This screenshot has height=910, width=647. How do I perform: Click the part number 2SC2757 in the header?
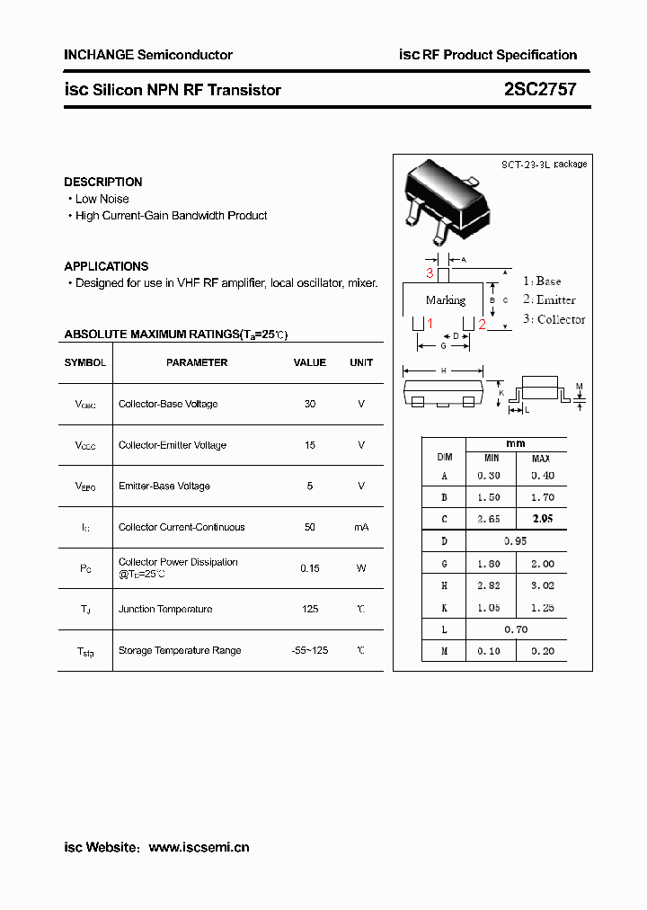pyautogui.click(x=540, y=90)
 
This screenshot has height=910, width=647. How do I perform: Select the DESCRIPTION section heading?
pyautogui.click(x=103, y=182)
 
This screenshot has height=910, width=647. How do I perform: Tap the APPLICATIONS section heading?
pyautogui.click(x=106, y=266)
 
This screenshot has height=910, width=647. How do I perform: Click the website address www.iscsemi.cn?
pyautogui.click(x=199, y=847)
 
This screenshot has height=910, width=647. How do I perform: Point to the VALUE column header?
pyautogui.click(x=310, y=362)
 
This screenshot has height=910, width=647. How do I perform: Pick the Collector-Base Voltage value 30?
pyautogui.click(x=310, y=404)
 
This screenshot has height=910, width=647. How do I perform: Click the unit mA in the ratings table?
pyautogui.click(x=361, y=527)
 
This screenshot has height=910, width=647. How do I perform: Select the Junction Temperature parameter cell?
pyautogui.click(x=165, y=609)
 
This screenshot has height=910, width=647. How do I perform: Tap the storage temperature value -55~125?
pyautogui.click(x=310, y=650)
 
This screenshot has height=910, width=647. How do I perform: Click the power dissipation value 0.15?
pyautogui.click(x=310, y=568)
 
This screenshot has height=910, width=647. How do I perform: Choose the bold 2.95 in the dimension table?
pyautogui.click(x=543, y=519)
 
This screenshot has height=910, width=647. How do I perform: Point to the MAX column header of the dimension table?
pyautogui.click(x=542, y=459)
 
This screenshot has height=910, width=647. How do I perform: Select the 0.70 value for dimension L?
pyautogui.click(x=516, y=629)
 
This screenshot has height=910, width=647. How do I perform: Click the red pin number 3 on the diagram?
pyautogui.click(x=430, y=272)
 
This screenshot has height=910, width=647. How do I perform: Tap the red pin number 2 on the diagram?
pyautogui.click(x=482, y=325)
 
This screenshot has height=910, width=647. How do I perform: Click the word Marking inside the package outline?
pyautogui.click(x=446, y=299)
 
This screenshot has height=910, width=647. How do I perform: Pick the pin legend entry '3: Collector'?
pyautogui.click(x=554, y=319)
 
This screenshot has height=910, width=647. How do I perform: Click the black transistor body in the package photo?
pyautogui.click(x=449, y=193)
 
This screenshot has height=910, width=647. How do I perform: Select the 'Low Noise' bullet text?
pyautogui.click(x=102, y=199)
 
